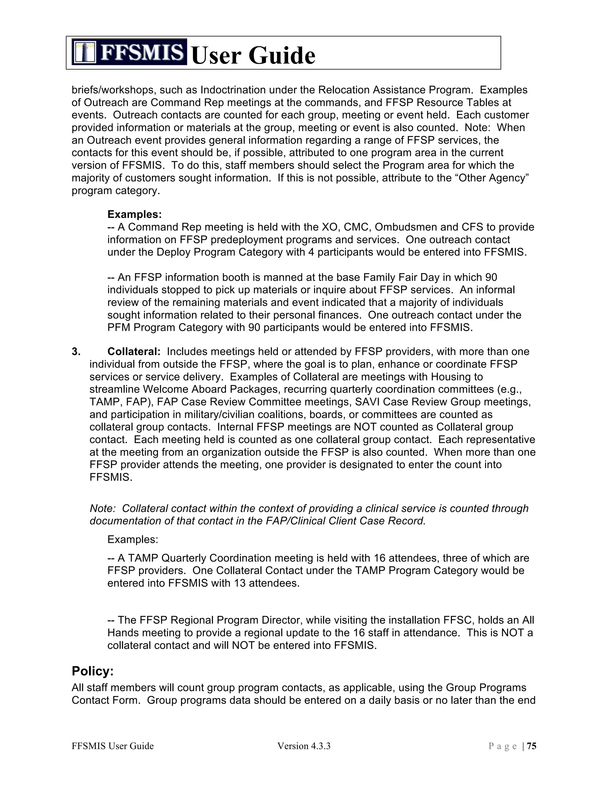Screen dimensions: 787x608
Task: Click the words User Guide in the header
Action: pos(253,56)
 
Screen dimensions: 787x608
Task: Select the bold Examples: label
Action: pos(134,214)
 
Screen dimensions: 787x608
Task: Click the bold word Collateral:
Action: pos(134,351)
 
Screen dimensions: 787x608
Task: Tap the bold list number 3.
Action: pos(76,351)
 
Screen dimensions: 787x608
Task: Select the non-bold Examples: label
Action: pos(132,539)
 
